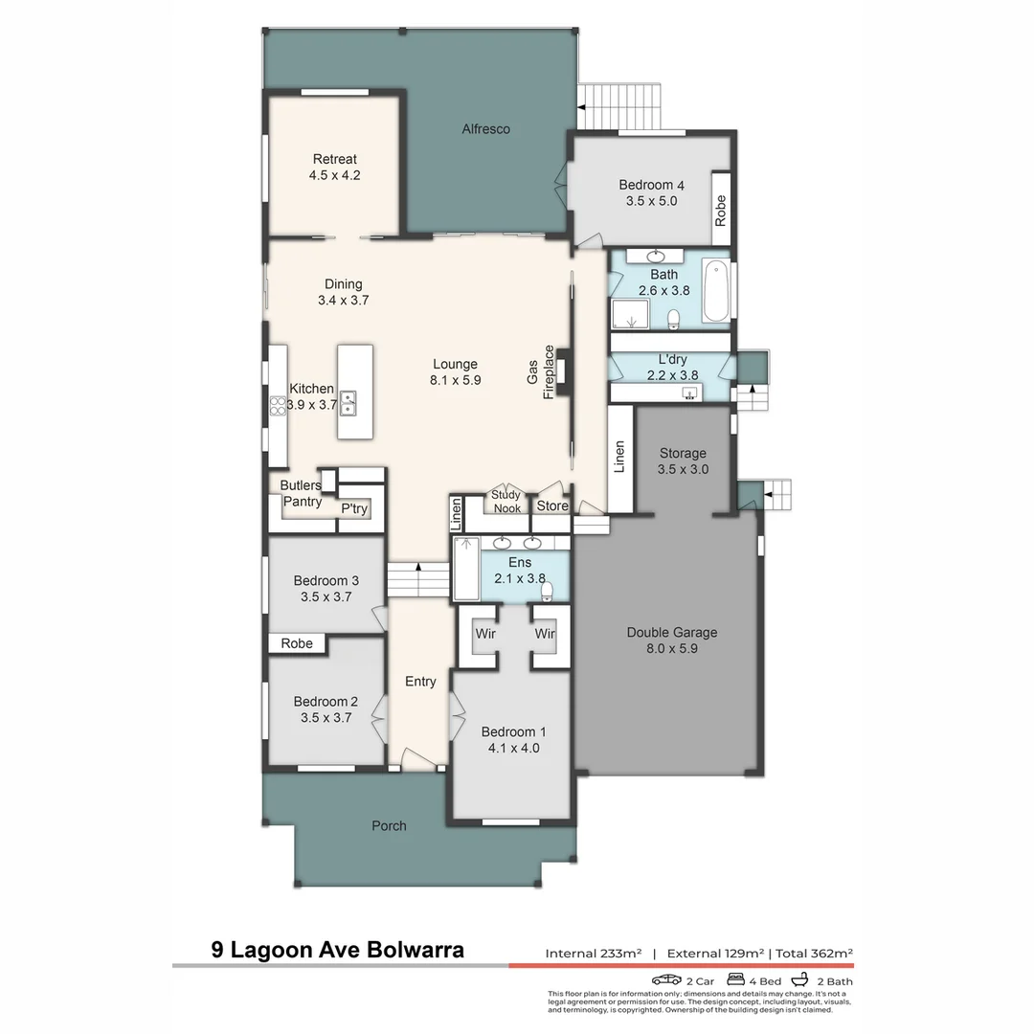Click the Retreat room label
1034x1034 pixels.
click(x=334, y=159)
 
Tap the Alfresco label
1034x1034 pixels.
click(x=485, y=129)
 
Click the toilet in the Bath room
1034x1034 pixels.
click(x=674, y=318)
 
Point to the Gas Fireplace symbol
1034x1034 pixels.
click(x=564, y=370)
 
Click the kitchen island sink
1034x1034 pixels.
click(x=348, y=402)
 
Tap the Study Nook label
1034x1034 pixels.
click(x=506, y=502)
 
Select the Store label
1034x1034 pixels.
click(x=552, y=506)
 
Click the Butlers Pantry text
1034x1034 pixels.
click(x=301, y=494)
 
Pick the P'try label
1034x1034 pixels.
click(x=354, y=508)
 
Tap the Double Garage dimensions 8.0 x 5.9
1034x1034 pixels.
click(x=671, y=648)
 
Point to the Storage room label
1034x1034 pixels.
click(x=682, y=453)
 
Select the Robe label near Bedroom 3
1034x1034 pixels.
click(x=297, y=643)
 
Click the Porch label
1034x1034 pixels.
click(x=388, y=825)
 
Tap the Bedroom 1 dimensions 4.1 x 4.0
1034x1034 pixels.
click(x=513, y=748)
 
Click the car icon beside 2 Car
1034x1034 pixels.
click(x=666, y=979)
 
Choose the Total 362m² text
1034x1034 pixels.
click(x=814, y=953)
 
